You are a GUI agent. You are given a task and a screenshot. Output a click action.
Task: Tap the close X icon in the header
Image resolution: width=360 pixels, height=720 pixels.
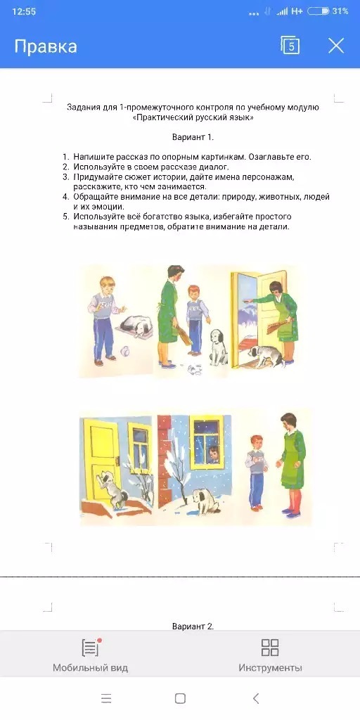click(336, 46)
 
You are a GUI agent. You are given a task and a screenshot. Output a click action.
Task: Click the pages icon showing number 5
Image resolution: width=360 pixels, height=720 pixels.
click(290, 46)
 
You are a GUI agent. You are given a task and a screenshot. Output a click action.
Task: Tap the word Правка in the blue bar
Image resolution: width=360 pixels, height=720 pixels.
click(46, 46)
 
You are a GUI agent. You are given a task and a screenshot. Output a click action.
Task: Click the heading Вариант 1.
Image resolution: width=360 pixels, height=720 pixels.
click(193, 137)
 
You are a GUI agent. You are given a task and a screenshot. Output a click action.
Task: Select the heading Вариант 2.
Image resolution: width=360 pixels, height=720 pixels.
click(193, 626)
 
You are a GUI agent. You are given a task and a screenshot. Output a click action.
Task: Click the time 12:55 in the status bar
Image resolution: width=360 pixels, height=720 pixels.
click(24, 11)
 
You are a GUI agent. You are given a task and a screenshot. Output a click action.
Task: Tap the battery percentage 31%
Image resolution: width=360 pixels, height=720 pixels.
click(340, 11)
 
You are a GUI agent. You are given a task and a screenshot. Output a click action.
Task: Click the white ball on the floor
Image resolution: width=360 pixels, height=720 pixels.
click(124, 352)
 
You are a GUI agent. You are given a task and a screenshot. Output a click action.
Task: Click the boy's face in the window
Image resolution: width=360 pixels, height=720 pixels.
click(213, 454)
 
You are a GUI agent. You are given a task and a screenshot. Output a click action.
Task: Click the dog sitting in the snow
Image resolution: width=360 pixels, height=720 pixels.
click(203, 501)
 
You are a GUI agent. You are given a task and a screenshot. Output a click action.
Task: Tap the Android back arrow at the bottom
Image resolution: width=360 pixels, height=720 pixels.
click(256, 698)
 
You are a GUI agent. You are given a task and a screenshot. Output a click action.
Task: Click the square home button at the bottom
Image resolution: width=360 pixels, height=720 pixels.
click(180, 698)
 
